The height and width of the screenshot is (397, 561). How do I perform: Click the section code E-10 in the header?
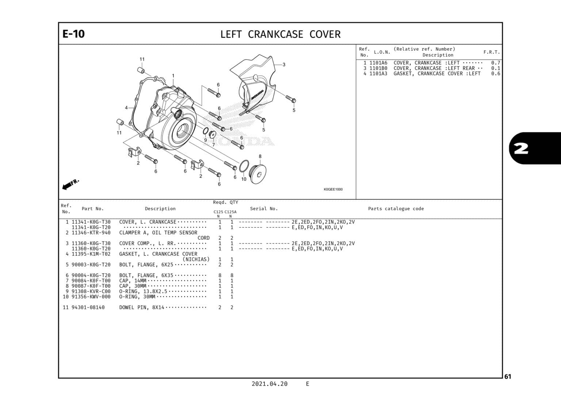pyautogui.click(x=73, y=34)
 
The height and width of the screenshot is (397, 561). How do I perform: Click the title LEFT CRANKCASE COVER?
pyautogui.click(x=280, y=34)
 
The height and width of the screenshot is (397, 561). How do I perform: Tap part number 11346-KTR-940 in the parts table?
pyautogui.click(x=91, y=232)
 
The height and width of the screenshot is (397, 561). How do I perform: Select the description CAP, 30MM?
pyautogui.click(x=133, y=286)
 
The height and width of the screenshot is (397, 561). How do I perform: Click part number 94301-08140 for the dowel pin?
pyautogui.click(x=88, y=307)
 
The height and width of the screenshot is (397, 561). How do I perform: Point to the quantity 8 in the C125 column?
pyautogui.click(x=220, y=275)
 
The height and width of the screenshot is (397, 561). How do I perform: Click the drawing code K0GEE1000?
pyautogui.click(x=333, y=189)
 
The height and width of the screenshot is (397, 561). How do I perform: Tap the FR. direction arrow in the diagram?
pyautogui.click(x=70, y=184)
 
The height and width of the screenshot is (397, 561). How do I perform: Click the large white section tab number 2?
pyautogui.click(x=521, y=148)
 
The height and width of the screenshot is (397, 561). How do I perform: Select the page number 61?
pyautogui.click(x=508, y=377)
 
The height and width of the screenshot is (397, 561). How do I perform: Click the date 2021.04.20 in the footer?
pyautogui.click(x=269, y=384)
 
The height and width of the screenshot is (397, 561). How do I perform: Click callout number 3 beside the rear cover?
pyautogui.click(x=284, y=65)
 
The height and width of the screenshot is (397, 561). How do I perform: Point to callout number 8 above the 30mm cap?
pyautogui.click(x=260, y=156)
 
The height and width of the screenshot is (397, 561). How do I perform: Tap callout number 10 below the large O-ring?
pyautogui.click(x=244, y=179)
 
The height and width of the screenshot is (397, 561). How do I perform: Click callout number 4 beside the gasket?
pyautogui.click(x=126, y=108)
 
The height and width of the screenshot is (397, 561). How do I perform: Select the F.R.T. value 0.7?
pyautogui.click(x=495, y=63)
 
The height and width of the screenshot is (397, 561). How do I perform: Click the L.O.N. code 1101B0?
pyautogui.click(x=378, y=68)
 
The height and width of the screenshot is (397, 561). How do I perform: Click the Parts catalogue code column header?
pyautogui.click(x=396, y=209)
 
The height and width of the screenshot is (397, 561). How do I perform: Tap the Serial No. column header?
pyautogui.click(x=264, y=209)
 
